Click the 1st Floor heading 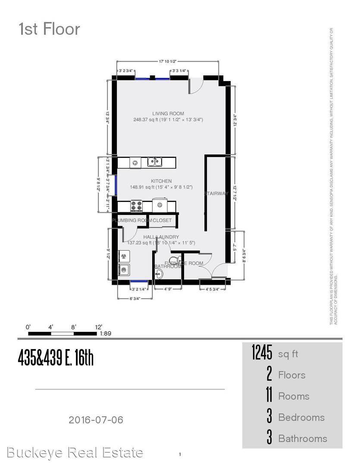coord(49,29)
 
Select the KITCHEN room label coord(161,181)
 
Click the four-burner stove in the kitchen coord(136,205)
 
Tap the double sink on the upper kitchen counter coord(154,162)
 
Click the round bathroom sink coord(157,273)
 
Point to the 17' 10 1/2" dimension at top coord(168,62)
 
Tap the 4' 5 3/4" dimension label coord(213,290)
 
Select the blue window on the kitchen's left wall coord(115,181)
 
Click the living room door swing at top coord(195,86)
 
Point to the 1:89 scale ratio coord(106,334)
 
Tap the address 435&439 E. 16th coord(56,358)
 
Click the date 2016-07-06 coord(96,419)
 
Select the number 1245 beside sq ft coord(262,354)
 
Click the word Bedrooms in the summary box coord(301,417)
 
